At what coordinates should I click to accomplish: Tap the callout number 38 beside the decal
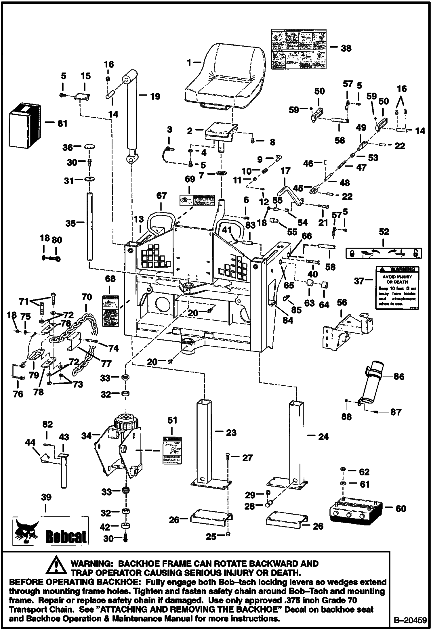tap(346, 48)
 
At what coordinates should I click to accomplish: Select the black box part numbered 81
tap(23, 125)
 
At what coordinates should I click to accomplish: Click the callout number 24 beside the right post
tap(323, 437)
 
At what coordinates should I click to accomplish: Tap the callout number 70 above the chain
tap(87, 297)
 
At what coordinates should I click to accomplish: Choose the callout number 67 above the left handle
tap(161, 196)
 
